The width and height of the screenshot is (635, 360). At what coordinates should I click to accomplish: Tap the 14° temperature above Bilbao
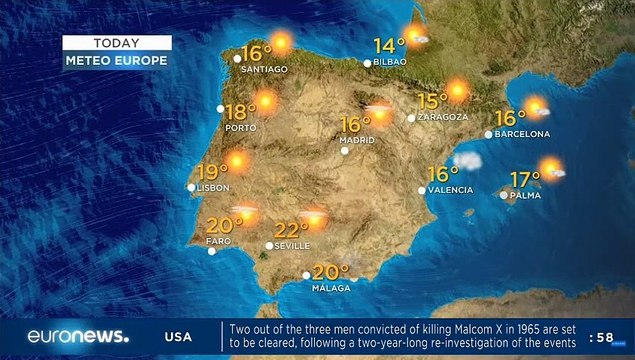pos(388,45)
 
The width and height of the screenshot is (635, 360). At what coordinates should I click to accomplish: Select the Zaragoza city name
pos(443,117)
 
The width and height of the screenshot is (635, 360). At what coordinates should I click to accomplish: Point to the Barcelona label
pos(523,133)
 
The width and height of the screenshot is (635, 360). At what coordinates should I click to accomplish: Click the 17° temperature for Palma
pos(525,179)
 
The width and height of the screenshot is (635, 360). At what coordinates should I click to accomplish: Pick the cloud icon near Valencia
pos(467,160)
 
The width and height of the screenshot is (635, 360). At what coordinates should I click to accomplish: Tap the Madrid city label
pos(357,140)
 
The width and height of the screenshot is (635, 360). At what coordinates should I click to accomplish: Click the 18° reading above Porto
pos(239,112)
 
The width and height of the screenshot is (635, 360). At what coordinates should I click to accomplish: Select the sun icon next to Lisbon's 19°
pos(237,161)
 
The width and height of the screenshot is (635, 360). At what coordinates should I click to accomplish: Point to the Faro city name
pos(218,241)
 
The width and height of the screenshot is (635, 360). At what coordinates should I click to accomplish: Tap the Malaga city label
pos(330,288)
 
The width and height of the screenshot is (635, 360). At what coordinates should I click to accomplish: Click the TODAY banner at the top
pos(116,43)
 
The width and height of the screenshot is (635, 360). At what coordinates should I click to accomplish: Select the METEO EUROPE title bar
pos(116,60)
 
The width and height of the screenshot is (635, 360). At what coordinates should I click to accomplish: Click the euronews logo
pos(78,336)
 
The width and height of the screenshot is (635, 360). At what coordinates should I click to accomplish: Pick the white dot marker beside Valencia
pos(422,189)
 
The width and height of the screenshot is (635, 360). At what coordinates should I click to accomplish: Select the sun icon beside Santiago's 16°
pos(280,43)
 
